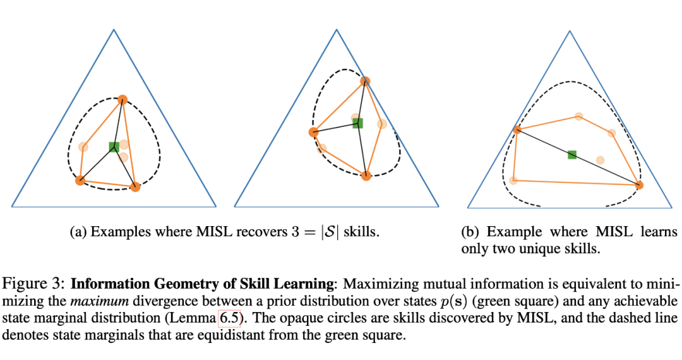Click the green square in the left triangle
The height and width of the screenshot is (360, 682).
[114, 147]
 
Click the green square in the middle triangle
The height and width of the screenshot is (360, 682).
[357, 123]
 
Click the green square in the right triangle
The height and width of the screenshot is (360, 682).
[572, 155]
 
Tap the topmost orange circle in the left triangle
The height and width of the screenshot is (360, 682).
[123, 99]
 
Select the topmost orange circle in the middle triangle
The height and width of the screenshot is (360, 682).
[365, 81]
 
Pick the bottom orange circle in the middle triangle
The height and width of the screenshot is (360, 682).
[366, 176]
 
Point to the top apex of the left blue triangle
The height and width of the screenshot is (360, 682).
[114, 29]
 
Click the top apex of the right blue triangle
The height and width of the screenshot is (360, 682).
[569, 29]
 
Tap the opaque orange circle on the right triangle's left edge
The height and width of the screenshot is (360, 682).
[517, 130]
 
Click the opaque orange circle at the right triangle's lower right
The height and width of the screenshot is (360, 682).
[639, 185]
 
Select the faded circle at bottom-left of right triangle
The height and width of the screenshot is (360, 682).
[514, 181]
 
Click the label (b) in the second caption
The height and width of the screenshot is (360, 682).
[470, 232]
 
